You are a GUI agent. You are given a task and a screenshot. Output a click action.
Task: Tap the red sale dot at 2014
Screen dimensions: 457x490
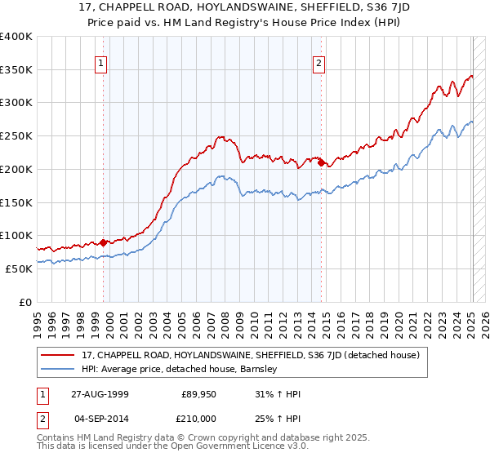tap(321, 163)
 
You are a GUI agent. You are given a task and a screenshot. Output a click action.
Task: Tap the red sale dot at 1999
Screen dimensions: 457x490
tap(104, 242)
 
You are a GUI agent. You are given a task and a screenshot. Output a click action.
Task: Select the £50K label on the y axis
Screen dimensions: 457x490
tap(19, 268)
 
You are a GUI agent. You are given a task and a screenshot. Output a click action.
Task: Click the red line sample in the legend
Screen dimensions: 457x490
tap(60, 355)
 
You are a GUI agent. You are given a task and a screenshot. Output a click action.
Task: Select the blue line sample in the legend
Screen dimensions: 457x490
tap(60, 369)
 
